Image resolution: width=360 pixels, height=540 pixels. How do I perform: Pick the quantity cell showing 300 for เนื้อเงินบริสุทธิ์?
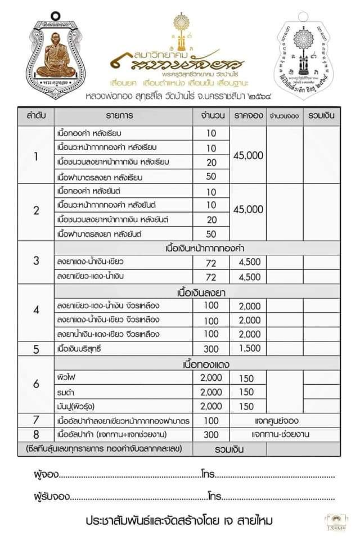211,349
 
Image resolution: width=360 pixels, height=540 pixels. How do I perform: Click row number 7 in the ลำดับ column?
36,420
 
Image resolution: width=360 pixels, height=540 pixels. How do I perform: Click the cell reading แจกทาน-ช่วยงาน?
281,434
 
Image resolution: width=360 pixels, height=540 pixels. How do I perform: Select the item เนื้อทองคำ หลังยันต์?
90,191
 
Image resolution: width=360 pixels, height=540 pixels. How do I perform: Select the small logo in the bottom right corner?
332,521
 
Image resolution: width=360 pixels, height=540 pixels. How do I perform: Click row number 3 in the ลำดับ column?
36,261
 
